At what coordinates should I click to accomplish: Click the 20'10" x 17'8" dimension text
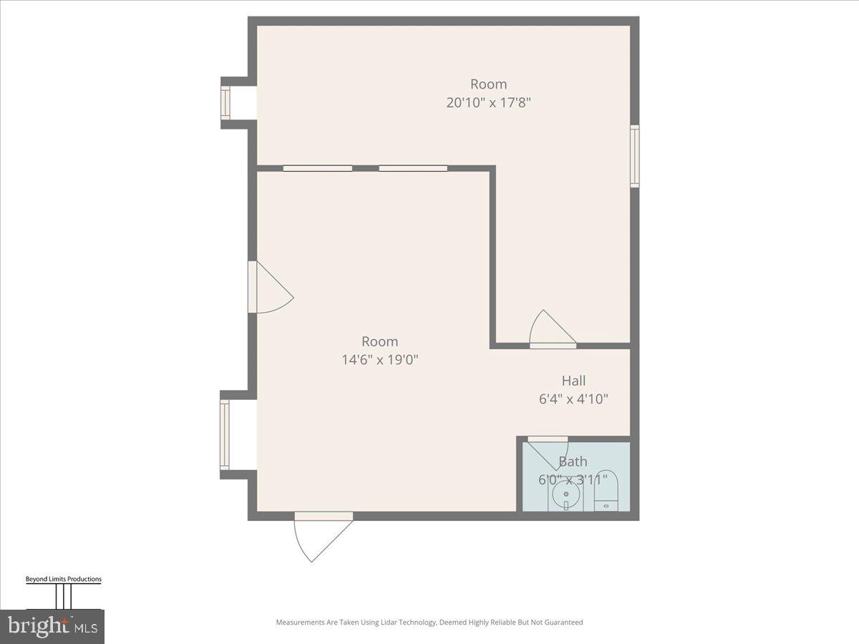pyautogui.click(x=488, y=102)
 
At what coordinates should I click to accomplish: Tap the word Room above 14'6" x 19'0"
pyautogui.click(x=379, y=341)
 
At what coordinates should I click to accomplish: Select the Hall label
pyautogui.click(x=573, y=381)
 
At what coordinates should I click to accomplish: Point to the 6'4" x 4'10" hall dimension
pyautogui.click(x=573, y=399)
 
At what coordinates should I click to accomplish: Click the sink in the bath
pyautogui.click(x=566, y=494)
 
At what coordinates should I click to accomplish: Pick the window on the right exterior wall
pyautogui.click(x=634, y=156)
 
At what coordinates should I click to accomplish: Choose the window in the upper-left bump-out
pyautogui.click(x=225, y=103)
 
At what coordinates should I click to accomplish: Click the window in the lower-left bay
pyautogui.click(x=225, y=435)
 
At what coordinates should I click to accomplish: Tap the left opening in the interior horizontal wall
pyautogui.click(x=317, y=168)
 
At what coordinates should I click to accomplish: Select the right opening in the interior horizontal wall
pyautogui.click(x=413, y=168)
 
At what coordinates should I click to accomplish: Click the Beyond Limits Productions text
pyautogui.click(x=63, y=580)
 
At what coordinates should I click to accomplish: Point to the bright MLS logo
pyautogui.click(x=52, y=626)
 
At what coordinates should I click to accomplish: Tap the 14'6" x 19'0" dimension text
pyautogui.click(x=379, y=359)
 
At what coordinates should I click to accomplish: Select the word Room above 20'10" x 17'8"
pyautogui.click(x=488, y=84)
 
